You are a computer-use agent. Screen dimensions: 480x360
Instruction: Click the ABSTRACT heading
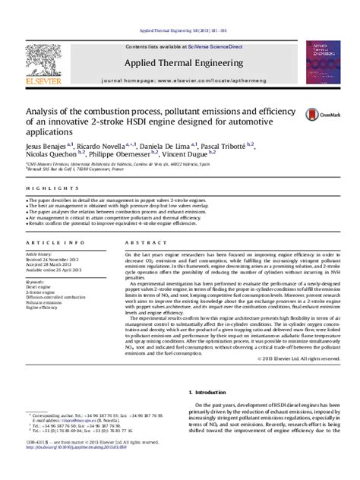[x=139, y=242]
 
